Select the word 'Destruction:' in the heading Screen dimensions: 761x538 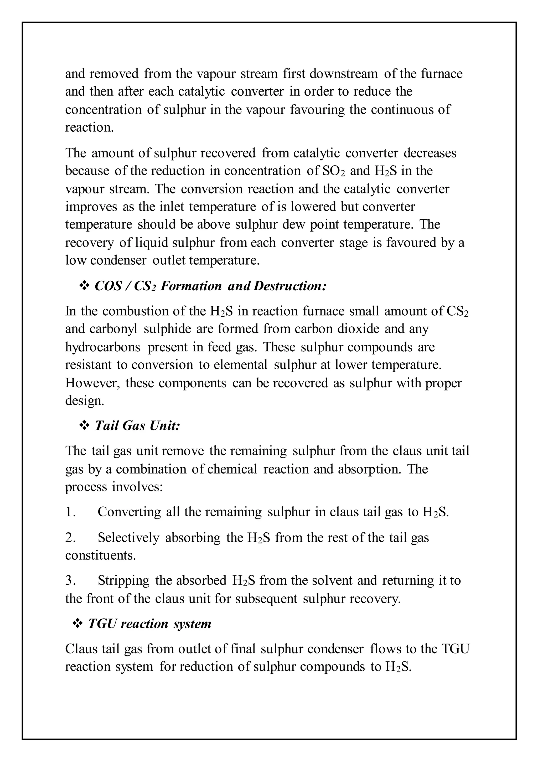(290, 286)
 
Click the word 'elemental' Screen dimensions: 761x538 (241, 365)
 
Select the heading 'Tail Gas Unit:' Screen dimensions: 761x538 (137, 426)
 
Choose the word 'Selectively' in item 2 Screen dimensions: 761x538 (128, 538)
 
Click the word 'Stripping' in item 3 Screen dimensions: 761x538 (123, 580)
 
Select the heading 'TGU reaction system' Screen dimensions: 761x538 (149, 624)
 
